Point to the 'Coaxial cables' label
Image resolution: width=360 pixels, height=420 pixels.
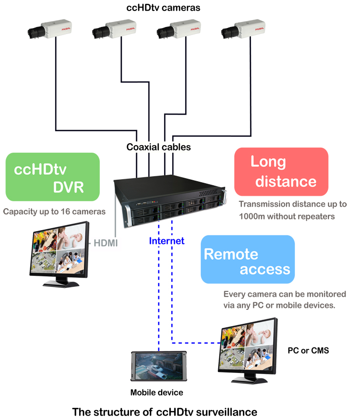point(158,147)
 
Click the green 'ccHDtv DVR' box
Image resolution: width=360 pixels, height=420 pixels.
point(53,177)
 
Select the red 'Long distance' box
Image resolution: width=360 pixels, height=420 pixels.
point(281,171)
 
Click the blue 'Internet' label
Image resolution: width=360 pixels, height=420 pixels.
point(167,241)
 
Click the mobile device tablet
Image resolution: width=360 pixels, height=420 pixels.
point(157,368)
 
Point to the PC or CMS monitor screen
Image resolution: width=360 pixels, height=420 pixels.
point(248,347)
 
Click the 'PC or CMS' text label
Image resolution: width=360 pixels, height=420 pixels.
point(308,350)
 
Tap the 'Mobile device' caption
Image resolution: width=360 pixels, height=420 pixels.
point(157,392)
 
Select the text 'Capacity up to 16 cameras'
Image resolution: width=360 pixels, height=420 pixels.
point(54,211)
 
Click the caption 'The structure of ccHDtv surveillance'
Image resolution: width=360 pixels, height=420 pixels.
point(165,412)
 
